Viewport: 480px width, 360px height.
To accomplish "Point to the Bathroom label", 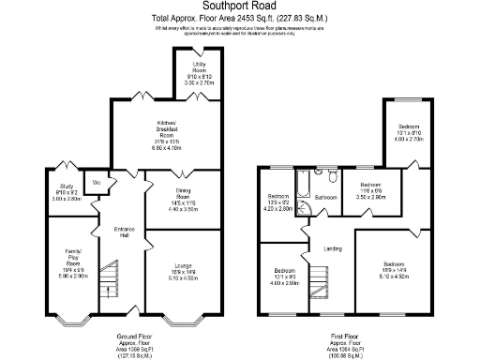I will click(326, 198).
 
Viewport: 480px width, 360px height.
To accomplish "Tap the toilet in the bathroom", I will click(332, 175).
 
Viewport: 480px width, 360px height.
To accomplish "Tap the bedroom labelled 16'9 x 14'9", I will click(392, 271).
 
